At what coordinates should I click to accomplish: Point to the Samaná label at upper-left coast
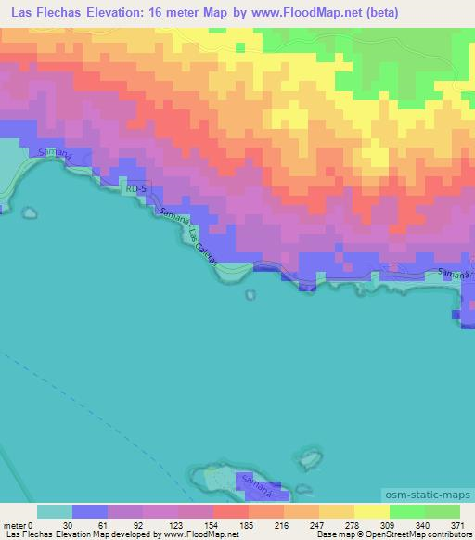pyautogui.click(x=52, y=153)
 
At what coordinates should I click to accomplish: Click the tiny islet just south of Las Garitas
pyautogui.click(x=250, y=295)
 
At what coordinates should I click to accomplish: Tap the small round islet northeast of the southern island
pyautogui.click(x=306, y=457)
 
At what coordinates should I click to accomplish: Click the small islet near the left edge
pyautogui.click(x=3, y=210)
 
